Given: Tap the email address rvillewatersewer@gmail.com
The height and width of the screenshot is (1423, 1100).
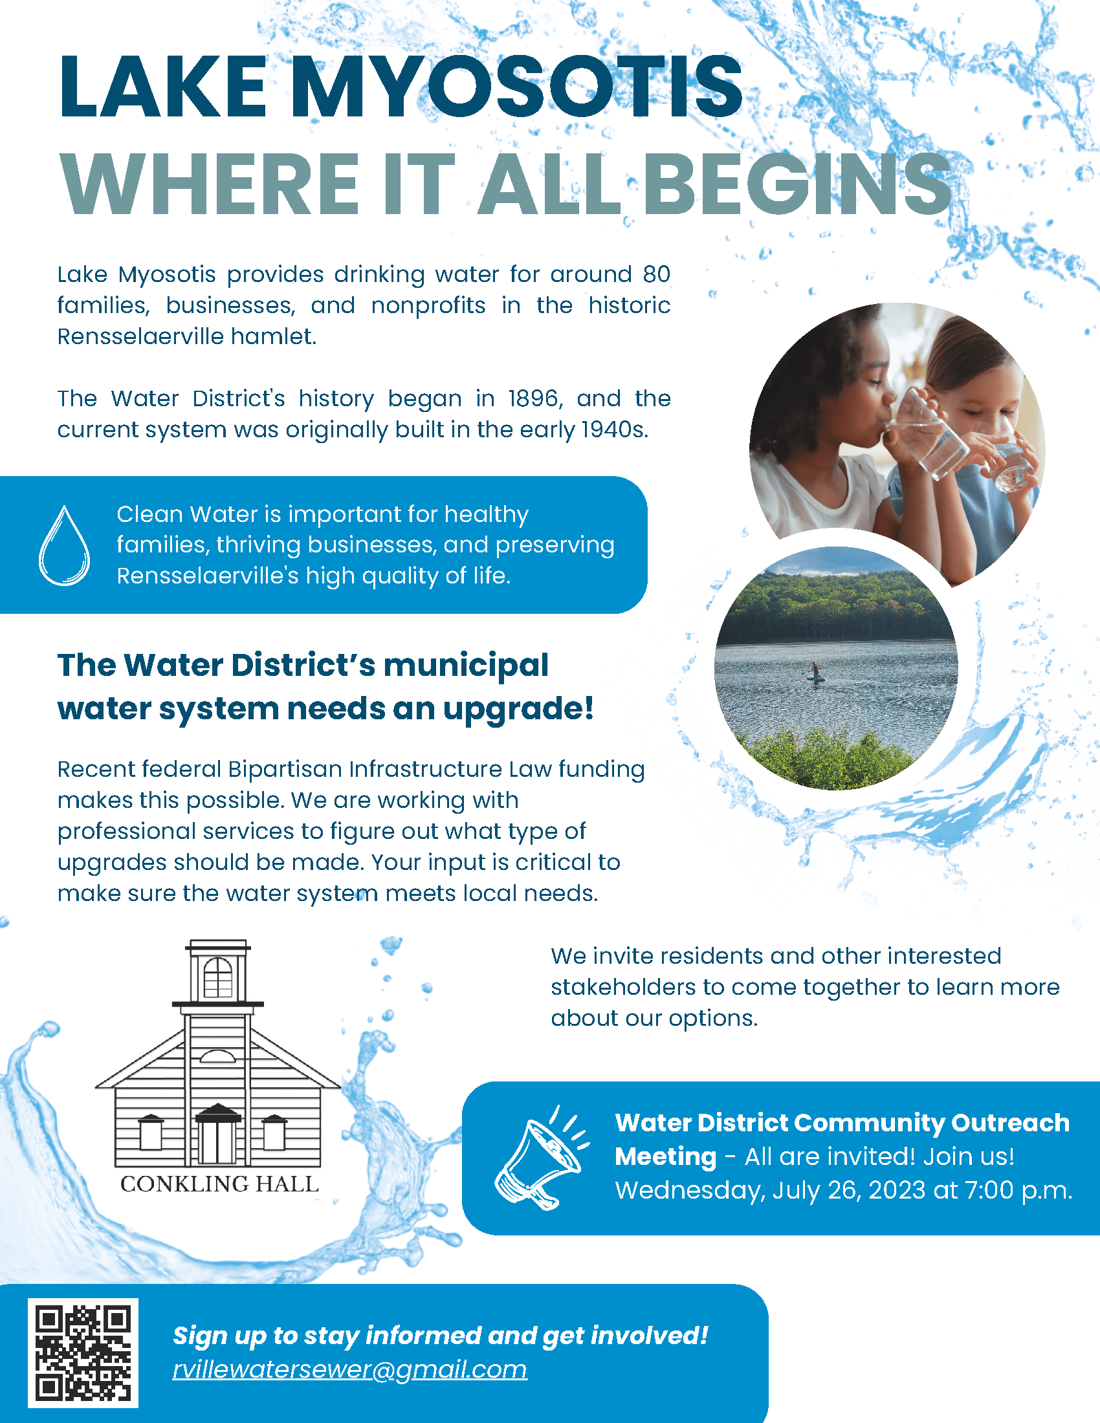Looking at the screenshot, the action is [x=350, y=1370].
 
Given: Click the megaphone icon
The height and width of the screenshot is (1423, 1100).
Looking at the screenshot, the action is [x=540, y=1158].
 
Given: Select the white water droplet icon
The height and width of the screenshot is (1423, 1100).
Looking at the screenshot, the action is [x=64, y=545].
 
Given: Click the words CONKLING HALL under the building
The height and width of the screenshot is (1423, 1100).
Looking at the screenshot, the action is [x=219, y=1184].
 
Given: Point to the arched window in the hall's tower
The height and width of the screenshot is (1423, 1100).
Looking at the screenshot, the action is [x=217, y=977].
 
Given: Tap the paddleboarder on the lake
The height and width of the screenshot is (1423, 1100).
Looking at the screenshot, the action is [x=815, y=672].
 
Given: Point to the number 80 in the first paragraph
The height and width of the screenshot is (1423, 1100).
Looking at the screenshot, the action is [x=656, y=274].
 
